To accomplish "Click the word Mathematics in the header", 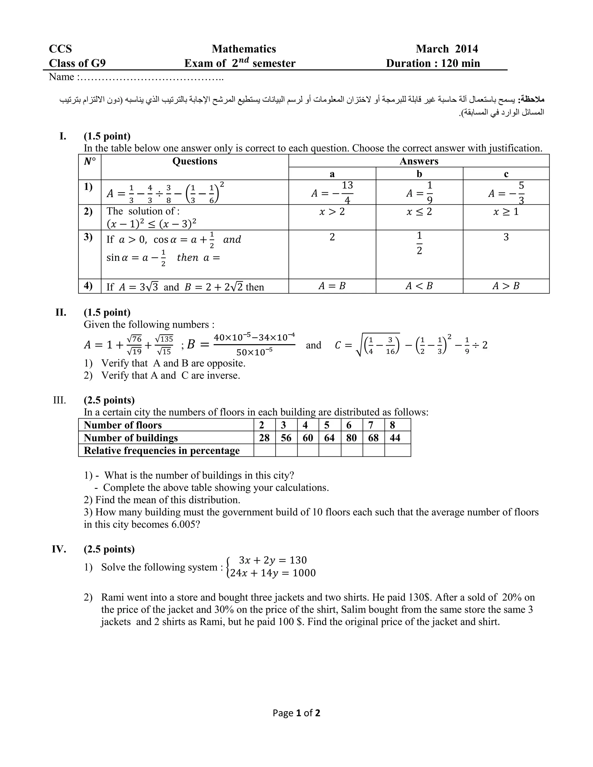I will (244, 49).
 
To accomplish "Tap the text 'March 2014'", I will (446, 49).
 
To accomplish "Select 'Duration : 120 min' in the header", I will (433, 63).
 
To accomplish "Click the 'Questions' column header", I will (195, 161).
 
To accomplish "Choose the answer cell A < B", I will (419, 286).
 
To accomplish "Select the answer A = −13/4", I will (332, 193).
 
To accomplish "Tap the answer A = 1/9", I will (419, 193).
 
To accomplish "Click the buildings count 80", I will (351, 438).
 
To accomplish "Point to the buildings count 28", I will (264, 438).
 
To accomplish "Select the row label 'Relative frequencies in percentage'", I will (162, 451).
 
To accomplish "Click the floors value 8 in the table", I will (392, 425).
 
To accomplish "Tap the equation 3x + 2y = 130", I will (272, 560).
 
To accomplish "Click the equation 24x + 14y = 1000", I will (272, 573).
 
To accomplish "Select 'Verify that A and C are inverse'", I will (170, 375).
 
